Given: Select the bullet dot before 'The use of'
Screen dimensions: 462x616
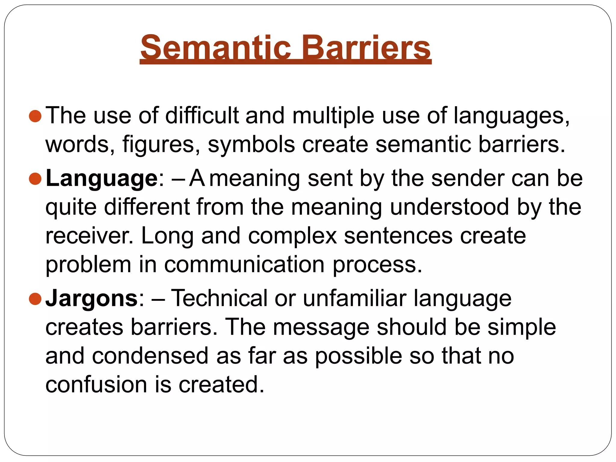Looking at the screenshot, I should tap(35, 116).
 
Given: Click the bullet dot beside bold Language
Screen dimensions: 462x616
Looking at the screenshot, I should tap(35, 179).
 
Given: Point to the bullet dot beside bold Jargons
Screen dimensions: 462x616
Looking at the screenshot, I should tap(35, 299).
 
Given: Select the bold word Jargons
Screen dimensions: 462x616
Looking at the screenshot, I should tap(91, 298).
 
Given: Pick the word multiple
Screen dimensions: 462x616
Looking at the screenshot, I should tap(333, 116).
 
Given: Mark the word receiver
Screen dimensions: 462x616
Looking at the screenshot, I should tap(89, 236).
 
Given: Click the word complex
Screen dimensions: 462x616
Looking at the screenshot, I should tap(292, 236).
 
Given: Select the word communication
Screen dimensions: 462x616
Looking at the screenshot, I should tap(244, 265).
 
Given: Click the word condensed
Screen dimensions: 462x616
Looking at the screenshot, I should tap(150, 356).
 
